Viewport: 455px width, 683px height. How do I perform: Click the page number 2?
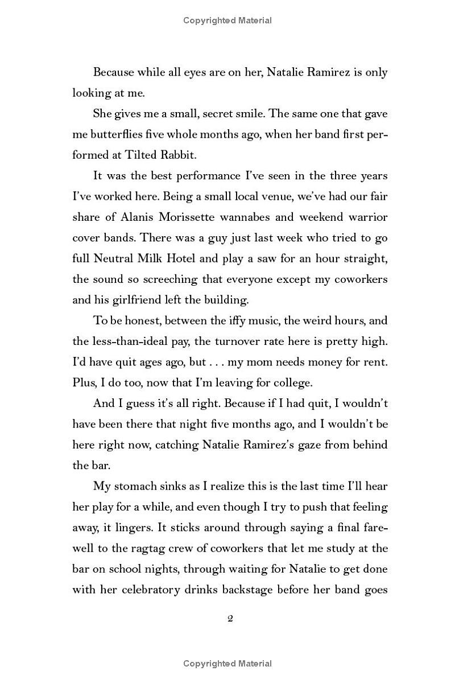pyautogui.click(x=230, y=619)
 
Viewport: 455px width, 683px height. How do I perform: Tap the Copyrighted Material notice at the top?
pyautogui.click(x=227, y=20)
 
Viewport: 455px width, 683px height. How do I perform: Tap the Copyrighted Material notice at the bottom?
pyautogui.click(x=227, y=664)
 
